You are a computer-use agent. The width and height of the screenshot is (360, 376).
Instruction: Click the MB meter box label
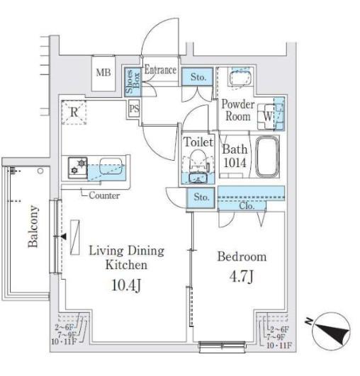click(x=103, y=72)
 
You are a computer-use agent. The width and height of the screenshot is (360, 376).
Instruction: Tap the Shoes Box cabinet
click(x=133, y=82)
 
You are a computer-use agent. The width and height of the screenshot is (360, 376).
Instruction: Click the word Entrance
click(x=161, y=70)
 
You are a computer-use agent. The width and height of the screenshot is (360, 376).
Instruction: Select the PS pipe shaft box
click(x=134, y=108)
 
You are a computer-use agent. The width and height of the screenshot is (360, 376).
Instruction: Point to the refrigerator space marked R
click(x=74, y=112)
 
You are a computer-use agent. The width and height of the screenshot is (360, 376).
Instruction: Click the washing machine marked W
click(x=266, y=117)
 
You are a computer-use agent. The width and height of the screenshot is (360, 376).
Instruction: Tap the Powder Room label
click(x=238, y=110)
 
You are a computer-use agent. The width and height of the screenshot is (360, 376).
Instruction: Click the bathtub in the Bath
click(x=267, y=156)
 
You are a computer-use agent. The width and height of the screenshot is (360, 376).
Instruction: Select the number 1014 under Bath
click(x=235, y=163)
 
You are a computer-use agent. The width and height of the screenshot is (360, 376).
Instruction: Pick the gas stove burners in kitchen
click(x=78, y=168)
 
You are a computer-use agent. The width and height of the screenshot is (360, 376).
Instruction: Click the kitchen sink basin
click(x=111, y=166)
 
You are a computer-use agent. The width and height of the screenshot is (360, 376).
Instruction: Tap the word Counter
click(x=104, y=195)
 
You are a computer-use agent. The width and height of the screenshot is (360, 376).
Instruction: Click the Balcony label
click(x=33, y=226)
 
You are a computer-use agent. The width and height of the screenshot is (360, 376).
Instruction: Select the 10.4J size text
click(x=126, y=285)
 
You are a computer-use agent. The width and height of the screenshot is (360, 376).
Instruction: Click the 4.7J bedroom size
click(x=242, y=276)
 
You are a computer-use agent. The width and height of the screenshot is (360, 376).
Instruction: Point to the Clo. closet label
click(x=247, y=206)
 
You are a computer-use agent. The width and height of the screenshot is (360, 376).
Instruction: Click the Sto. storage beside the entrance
click(x=197, y=76)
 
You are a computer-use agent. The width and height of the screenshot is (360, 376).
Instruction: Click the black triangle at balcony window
click(x=63, y=237)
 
